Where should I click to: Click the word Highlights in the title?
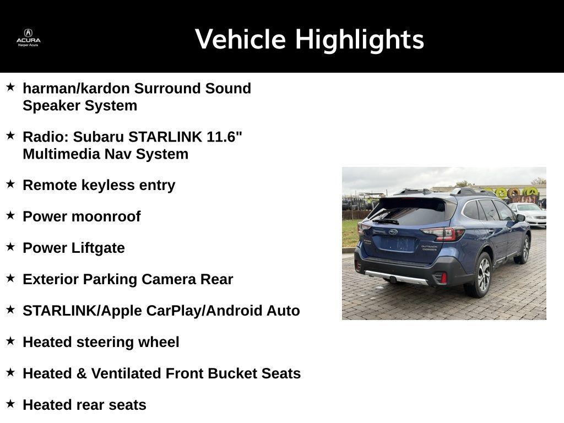[x=359, y=40]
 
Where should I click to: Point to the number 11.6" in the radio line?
[x=224, y=137]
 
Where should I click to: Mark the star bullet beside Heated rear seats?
[x=10, y=404]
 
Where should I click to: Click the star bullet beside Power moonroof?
[x=10, y=215]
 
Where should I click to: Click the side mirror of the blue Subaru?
[x=520, y=218]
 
